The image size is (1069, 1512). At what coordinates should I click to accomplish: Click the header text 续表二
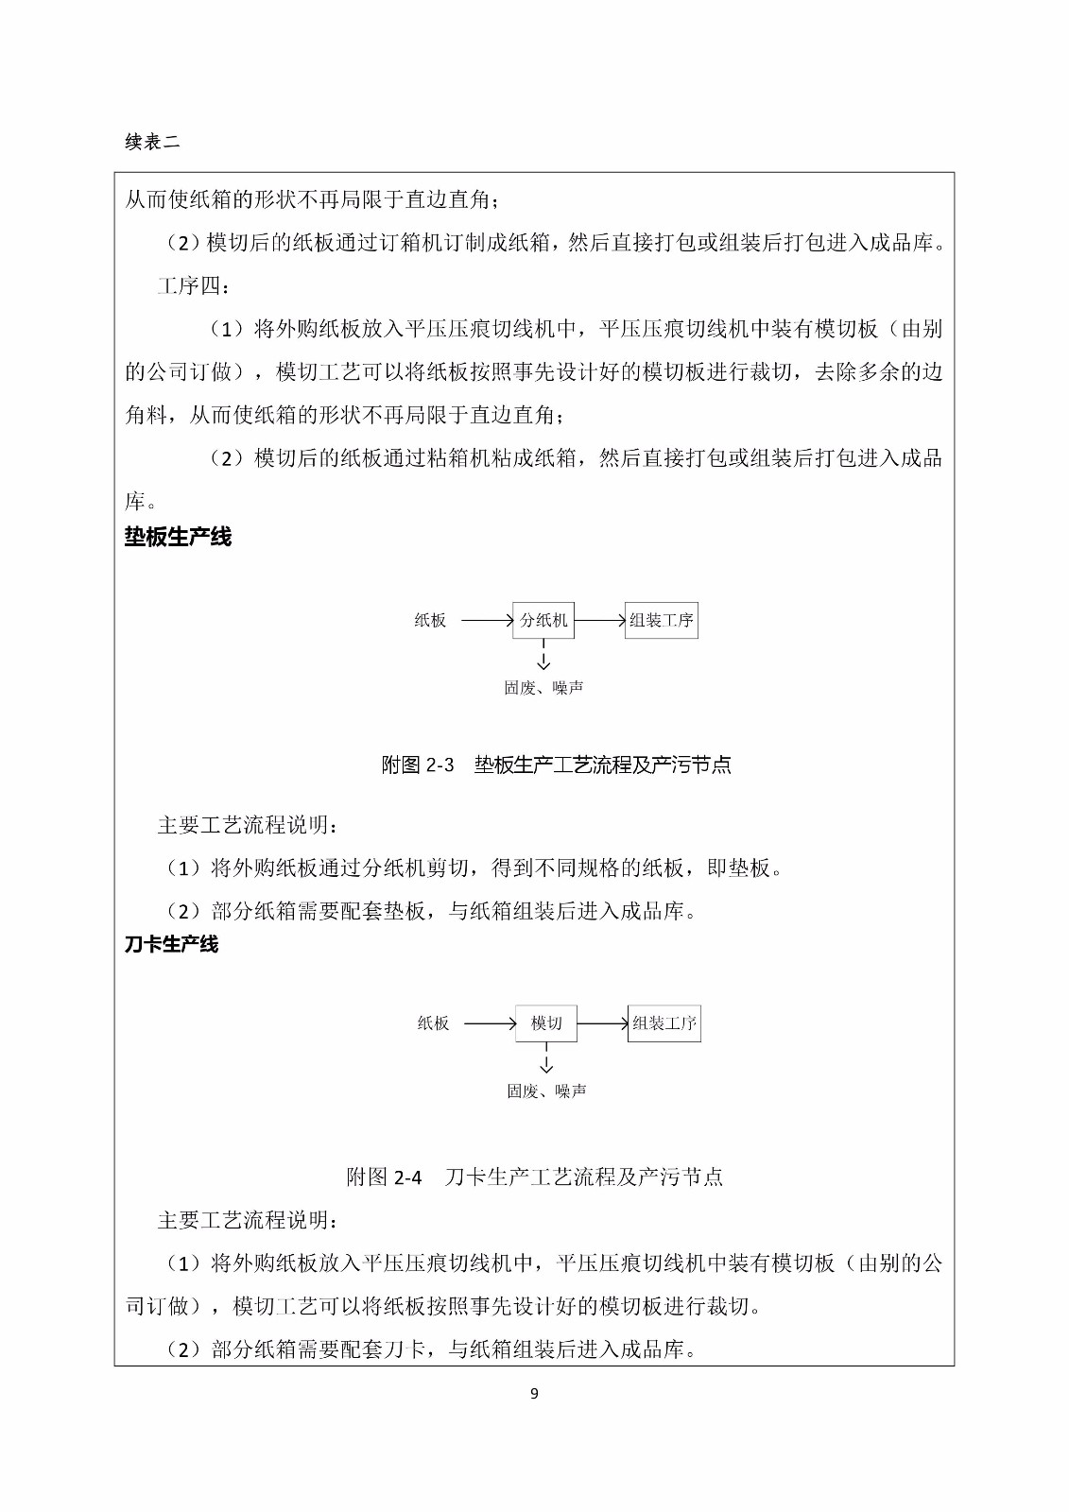[x=152, y=143]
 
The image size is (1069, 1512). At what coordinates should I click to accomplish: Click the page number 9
[x=535, y=1393]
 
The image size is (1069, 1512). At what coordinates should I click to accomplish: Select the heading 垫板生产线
[x=178, y=538]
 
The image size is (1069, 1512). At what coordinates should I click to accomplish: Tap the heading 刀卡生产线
[x=171, y=944]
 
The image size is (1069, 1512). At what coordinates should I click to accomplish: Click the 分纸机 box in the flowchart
[x=543, y=621]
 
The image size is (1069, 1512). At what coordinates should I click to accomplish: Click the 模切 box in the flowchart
[x=546, y=1023]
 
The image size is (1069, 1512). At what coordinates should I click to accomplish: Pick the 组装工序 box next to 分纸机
[x=662, y=621]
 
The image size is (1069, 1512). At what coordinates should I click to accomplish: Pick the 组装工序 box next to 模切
[x=664, y=1023]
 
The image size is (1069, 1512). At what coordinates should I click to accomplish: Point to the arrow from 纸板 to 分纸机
[x=486, y=621]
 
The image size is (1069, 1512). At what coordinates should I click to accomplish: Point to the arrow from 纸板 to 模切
[x=490, y=1023]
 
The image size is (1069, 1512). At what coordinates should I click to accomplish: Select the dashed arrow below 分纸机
[x=543, y=655]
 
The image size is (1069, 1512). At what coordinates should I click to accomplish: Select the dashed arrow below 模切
[x=546, y=1058]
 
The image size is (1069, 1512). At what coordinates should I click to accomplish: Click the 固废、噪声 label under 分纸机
[x=543, y=688]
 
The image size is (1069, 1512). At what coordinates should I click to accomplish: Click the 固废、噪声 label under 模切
[x=546, y=1091]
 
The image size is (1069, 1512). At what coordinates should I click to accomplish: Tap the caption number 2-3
[x=440, y=765]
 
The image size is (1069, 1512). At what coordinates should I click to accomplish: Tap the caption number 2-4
[x=407, y=1177]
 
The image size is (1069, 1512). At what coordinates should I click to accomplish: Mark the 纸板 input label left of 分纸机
[x=430, y=621]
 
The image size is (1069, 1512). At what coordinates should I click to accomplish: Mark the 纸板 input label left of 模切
[x=434, y=1023]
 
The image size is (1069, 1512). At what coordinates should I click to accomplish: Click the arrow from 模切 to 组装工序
[x=602, y=1023]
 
